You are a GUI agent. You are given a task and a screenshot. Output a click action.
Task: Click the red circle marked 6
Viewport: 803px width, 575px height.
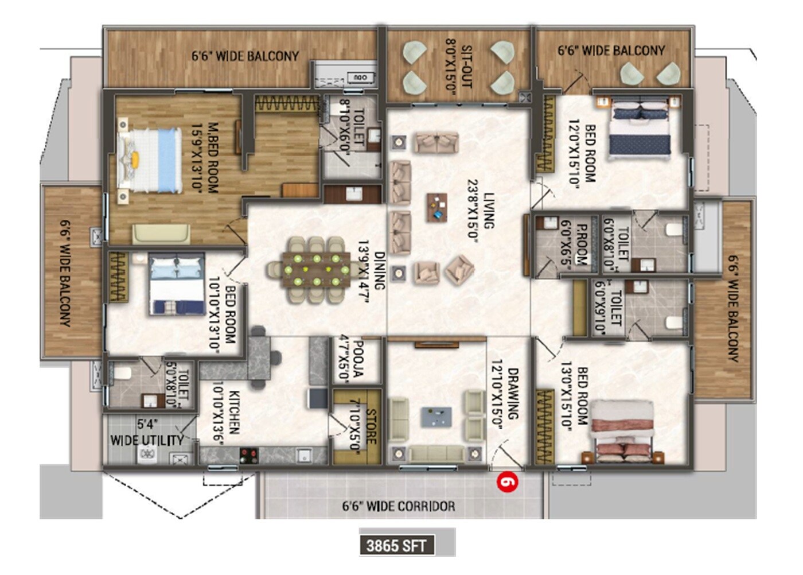(508, 481)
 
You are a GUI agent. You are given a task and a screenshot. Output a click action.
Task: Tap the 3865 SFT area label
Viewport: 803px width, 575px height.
(396, 545)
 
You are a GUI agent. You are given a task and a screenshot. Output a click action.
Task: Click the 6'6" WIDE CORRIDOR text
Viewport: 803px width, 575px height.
(399, 506)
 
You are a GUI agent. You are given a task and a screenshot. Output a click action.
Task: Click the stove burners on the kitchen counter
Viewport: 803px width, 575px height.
(249, 456)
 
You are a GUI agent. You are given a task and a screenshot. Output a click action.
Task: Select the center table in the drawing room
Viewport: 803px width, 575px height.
(435, 417)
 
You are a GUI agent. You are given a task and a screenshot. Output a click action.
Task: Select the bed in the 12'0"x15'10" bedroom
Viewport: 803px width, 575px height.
(640, 130)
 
